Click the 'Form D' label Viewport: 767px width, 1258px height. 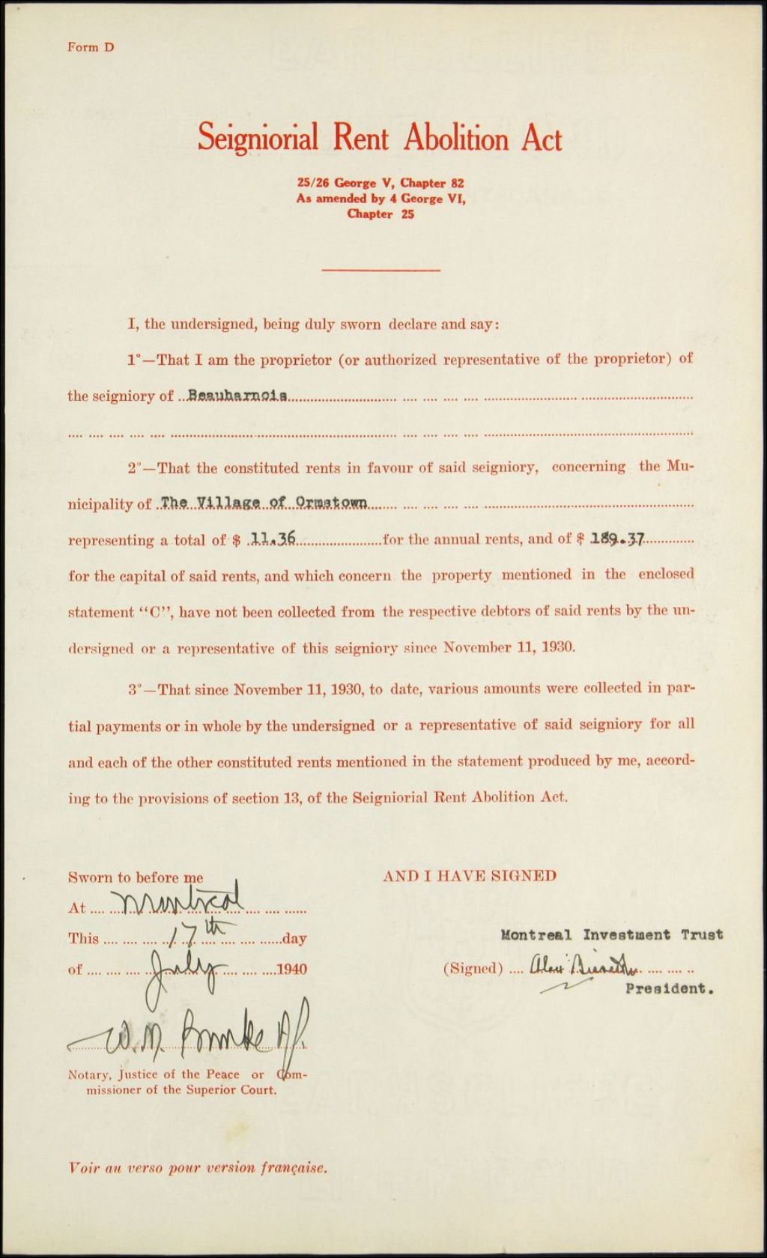[x=91, y=47]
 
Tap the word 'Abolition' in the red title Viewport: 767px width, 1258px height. [x=456, y=139]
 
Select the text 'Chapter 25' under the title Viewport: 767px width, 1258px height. [x=381, y=214]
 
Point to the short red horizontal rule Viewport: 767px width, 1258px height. [x=381, y=270]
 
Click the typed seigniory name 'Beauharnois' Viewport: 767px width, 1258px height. [x=237, y=395]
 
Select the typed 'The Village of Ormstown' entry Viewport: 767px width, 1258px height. [x=264, y=503]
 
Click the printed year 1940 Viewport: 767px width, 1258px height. [x=291, y=970]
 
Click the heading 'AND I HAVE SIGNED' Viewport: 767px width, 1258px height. [x=470, y=876]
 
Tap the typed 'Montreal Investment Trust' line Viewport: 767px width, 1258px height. [x=611, y=934]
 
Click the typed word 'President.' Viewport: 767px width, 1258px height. [x=669, y=988]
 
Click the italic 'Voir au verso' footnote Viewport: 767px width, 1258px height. [x=198, y=1167]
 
